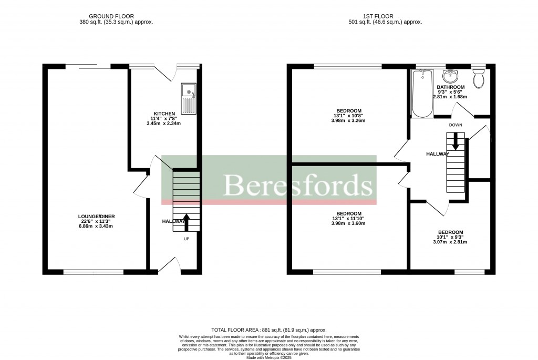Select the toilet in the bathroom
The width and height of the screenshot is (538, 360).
point(478,79)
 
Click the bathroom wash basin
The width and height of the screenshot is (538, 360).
point(451,77)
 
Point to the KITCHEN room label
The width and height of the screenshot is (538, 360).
point(164,114)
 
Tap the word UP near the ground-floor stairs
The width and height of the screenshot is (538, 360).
point(186,239)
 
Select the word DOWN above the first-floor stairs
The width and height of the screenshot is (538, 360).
point(456,125)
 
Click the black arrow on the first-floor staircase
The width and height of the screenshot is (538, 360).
point(456,141)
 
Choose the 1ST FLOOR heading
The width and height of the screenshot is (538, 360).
point(385,16)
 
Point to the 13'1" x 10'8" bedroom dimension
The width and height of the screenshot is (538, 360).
point(348,116)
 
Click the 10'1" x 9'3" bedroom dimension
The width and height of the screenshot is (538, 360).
point(450,237)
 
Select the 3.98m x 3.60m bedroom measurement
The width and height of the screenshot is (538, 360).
point(348,223)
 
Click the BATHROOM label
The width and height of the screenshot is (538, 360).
point(450,87)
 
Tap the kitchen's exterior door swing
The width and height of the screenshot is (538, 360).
point(167,75)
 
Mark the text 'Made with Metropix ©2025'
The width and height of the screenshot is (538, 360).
point(269,358)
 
